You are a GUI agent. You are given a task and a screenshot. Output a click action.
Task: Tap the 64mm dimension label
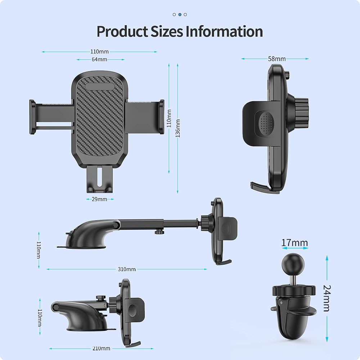click(99, 59)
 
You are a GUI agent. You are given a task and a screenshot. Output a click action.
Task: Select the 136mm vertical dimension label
click(178, 129)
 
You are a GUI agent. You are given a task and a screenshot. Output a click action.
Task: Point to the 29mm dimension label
click(99, 199)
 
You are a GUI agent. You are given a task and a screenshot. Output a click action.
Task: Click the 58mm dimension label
click(277, 59)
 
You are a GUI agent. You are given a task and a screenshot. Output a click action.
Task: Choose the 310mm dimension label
click(127, 269)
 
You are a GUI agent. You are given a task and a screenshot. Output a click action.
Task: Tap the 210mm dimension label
click(101, 348)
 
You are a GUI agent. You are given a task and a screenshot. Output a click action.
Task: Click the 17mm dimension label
click(294, 243)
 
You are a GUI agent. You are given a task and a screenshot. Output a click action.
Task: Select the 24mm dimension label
click(327, 298)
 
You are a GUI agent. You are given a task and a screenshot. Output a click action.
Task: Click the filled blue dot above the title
click(180, 14)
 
